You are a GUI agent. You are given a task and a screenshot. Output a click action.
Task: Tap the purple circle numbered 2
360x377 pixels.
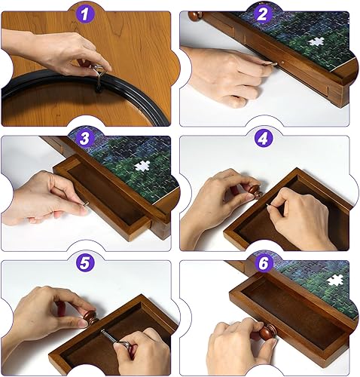click(x=262, y=13)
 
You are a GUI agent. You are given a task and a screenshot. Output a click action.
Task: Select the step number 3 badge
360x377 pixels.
click(x=85, y=138)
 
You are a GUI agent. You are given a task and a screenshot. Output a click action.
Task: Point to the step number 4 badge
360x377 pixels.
click(x=262, y=138)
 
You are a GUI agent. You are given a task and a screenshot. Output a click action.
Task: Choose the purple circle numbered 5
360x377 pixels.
click(x=85, y=263)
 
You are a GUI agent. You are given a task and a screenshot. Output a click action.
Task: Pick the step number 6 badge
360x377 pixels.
click(x=262, y=263)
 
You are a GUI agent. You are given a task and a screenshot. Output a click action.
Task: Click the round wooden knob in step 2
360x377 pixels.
click(x=195, y=16)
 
